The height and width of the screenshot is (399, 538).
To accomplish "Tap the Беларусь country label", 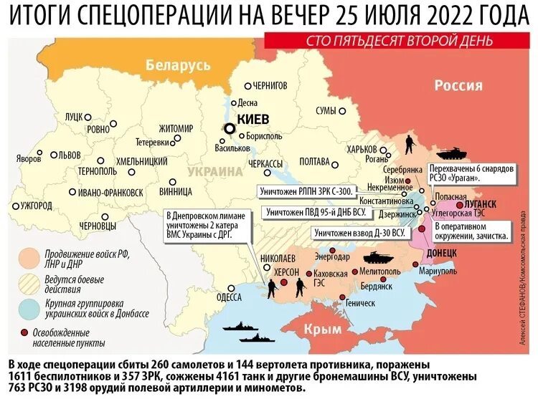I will pyautogui.click(x=178, y=66).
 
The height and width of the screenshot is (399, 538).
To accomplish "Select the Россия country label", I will pyautogui.click(x=458, y=85).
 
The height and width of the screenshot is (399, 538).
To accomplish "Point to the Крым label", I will pyautogui.click(x=318, y=328).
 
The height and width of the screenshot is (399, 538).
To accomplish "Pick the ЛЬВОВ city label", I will pyautogui.click(x=70, y=155).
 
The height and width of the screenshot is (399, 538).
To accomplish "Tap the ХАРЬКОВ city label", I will pyautogui.click(x=362, y=149).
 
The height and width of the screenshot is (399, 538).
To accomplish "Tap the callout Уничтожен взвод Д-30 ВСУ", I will pyautogui.click(x=359, y=233).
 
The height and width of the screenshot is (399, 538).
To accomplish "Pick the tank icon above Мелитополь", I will pyautogui.click(x=377, y=257).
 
